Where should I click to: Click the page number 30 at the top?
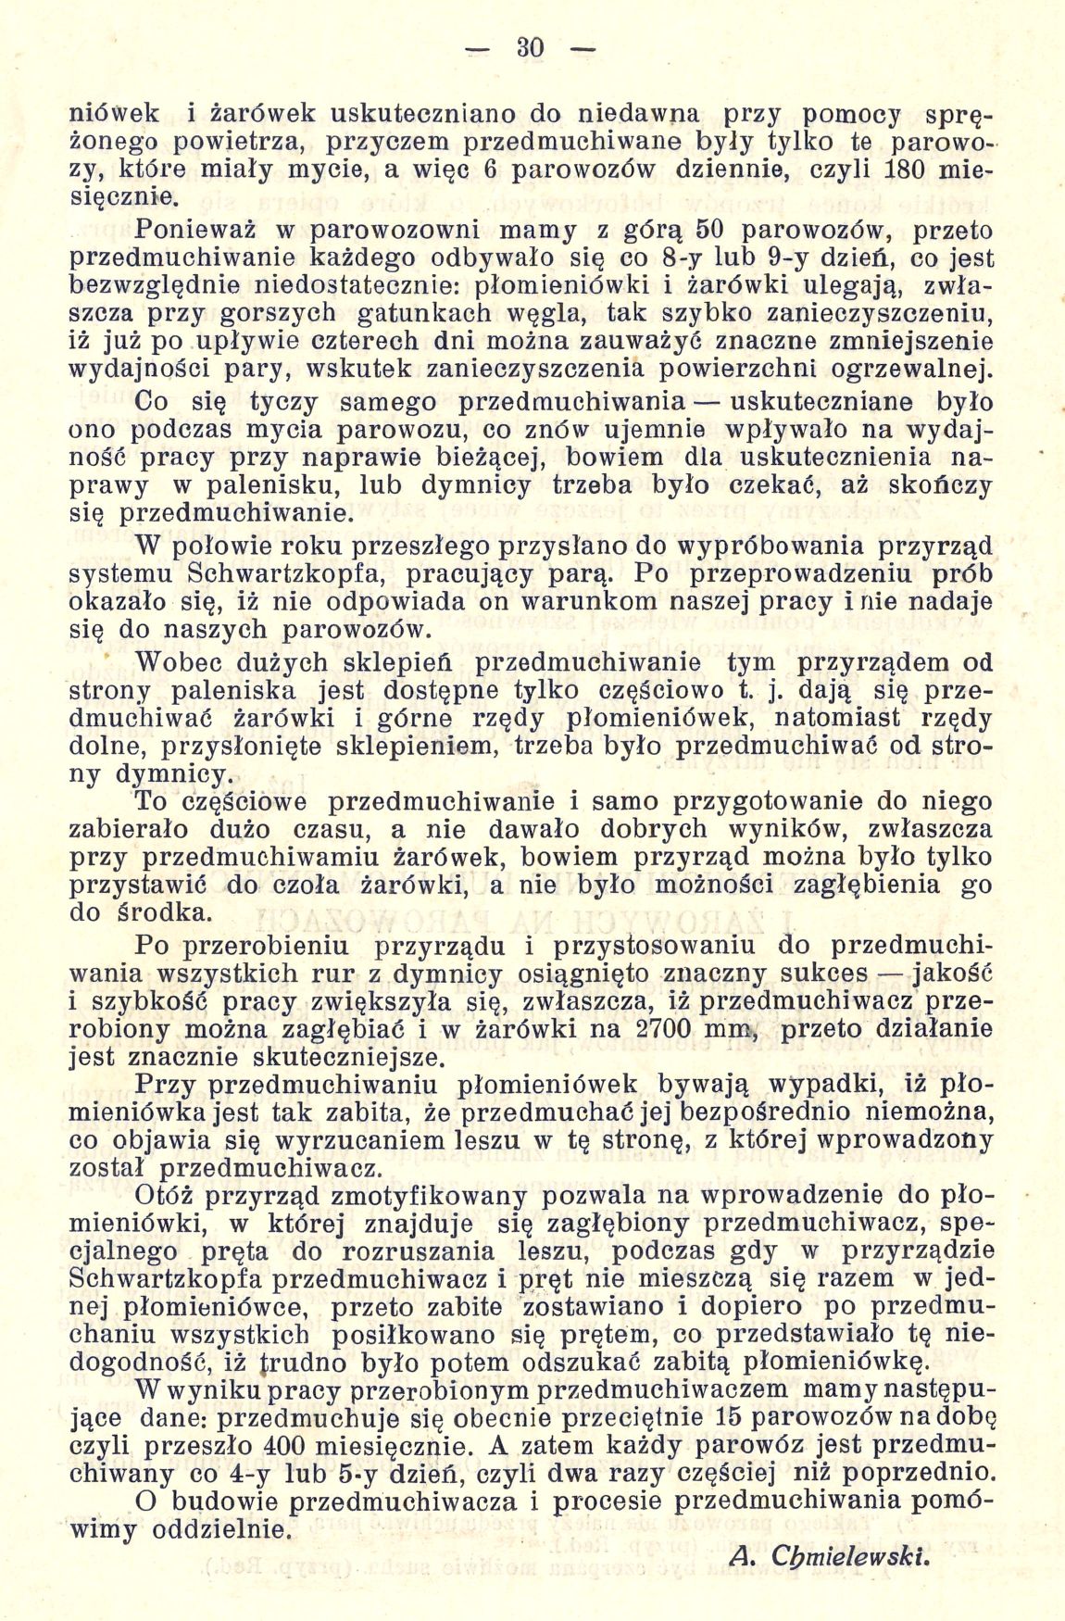530,47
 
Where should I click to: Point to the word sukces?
822,974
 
